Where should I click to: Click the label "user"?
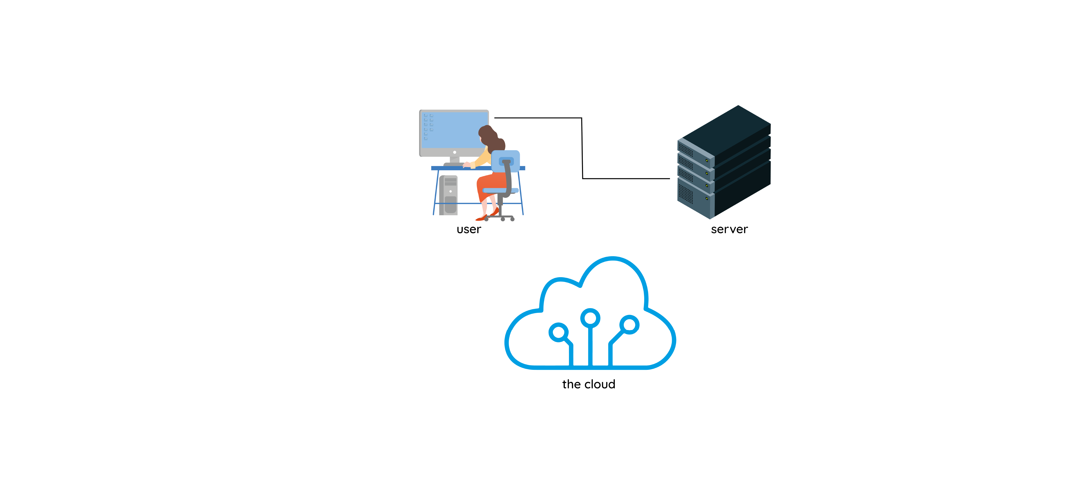click(x=469, y=229)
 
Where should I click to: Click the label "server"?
click(x=729, y=229)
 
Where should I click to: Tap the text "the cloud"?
click(x=588, y=384)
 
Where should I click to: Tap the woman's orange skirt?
click(x=491, y=184)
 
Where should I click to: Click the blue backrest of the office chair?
click(x=505, y=161)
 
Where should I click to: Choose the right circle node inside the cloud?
click(x=629, y=325)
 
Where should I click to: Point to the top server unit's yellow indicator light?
click(x=707, y=160)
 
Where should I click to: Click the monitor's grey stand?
click(x=454, y=160)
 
